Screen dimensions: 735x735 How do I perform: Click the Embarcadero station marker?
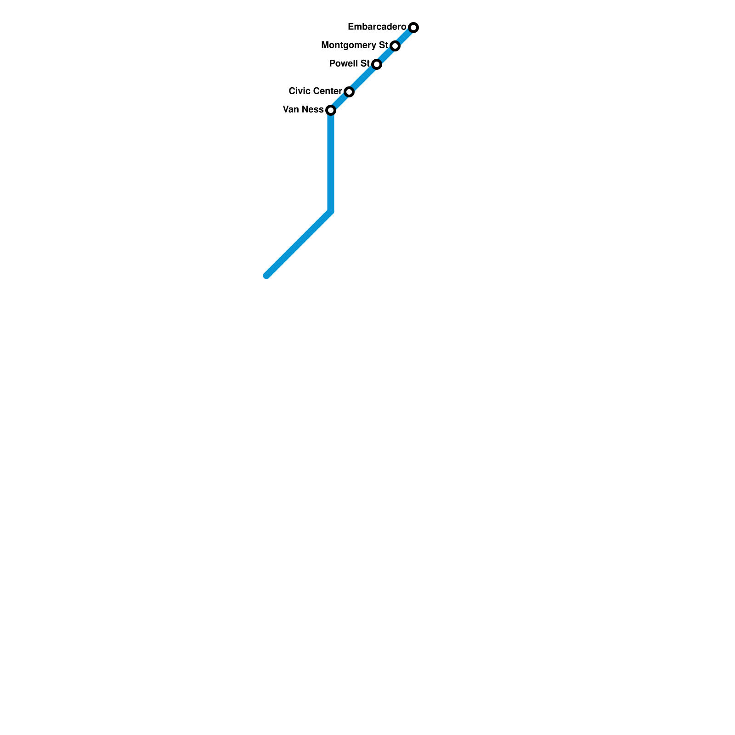pos(413,28)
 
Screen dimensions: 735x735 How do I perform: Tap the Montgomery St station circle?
pos(395,46)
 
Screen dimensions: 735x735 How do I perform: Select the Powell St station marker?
pos(377,64)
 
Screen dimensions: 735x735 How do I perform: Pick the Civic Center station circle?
pos(349,92)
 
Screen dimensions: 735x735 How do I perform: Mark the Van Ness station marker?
pos(331,110)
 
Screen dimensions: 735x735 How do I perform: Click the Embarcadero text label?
pos(377,27)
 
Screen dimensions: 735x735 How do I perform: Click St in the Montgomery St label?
pos(384,45)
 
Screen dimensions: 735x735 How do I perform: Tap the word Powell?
pos(344,64)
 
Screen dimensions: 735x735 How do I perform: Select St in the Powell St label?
pos(365,64)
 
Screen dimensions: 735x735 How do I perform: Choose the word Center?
pos(327,91)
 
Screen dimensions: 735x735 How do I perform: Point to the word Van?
pos(291,110)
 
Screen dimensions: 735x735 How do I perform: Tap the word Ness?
pos(312,110)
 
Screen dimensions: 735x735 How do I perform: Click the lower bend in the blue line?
pos(331,211)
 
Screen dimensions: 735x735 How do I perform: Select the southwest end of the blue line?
pos(267,276)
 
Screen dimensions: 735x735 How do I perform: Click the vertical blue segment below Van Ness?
pos(331,161)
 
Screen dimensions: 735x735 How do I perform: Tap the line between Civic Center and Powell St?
pos(363,78)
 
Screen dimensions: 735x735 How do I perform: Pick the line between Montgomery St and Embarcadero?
pos(404,37)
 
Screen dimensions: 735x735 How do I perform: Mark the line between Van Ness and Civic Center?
pos(340,101)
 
